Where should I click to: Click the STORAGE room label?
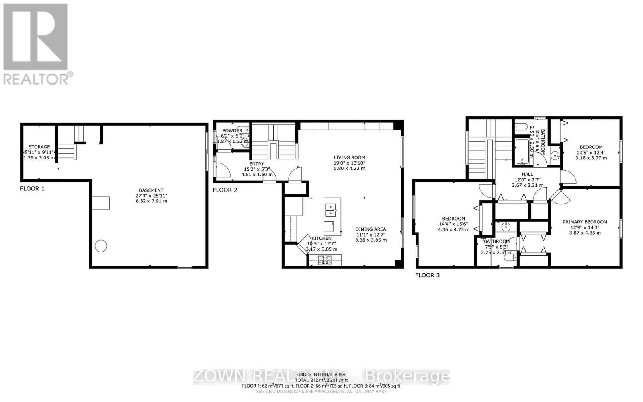click(x=39, y=147)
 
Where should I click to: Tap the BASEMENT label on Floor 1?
click(x=151, y=190)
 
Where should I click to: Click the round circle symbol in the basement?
click(x=101, y=245)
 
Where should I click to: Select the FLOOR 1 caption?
click(x=33, y=188)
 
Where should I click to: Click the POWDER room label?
click(x=232, y=130)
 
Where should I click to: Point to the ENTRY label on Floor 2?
click(x=257, y=164)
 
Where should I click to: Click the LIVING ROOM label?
click(x=349, y=157)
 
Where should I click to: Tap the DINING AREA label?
click(x=371, y=229)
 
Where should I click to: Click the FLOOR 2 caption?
click(x=225, y=190)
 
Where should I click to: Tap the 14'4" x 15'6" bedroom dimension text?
click(x=454, y=224)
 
